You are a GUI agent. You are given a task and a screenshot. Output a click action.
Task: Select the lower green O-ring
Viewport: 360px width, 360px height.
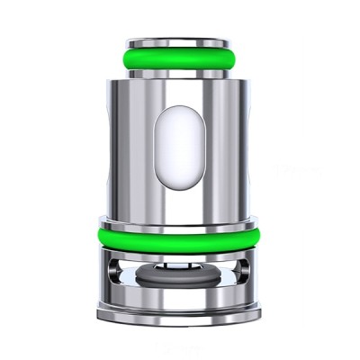(x=179, y=238)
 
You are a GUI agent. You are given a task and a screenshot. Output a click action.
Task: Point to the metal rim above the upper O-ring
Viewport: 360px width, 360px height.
(x=179, y=42)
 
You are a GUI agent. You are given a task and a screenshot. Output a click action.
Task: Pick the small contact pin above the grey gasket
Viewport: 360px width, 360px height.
(x=179, y=267)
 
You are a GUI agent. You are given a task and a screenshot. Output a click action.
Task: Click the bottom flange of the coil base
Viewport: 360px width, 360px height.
(x=179, y=314)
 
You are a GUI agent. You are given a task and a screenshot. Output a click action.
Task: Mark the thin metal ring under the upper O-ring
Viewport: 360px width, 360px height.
(x=179, y=76)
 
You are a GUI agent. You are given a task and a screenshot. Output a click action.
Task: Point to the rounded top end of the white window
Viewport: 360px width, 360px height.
(x=179, y=101)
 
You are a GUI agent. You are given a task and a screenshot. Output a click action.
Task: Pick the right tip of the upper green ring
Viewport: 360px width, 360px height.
(x=241, y=59)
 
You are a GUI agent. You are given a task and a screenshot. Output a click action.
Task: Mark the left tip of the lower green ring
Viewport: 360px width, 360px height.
(x=100, y=237)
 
